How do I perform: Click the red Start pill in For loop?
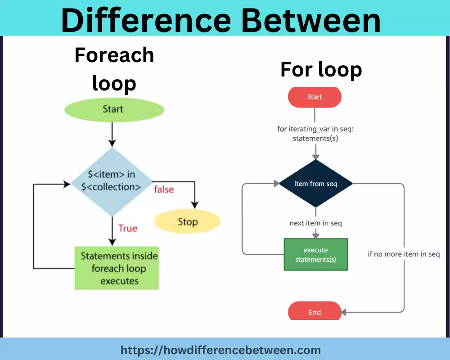click(x=315, y=97)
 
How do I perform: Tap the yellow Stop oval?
click(x=187, y=222)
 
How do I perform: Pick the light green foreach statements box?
click(x=117, y=269)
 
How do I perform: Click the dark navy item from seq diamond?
click(x=315, y=184)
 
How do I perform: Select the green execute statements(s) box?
click(x=315, y=255)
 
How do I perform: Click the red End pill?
click(x=315, y=312)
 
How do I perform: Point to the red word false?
click(x=164, y=189)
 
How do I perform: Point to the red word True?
click(x=127, y=229)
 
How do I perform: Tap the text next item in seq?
click(x=315, y=223)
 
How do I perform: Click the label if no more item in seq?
click(x=403, y=254)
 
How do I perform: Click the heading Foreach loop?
click(x=114, y=69)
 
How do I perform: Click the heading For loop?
click(x=321, y=70)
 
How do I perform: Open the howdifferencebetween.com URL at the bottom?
click(x=220, y=350)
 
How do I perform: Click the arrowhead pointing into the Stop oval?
click(x=194, y=205)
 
